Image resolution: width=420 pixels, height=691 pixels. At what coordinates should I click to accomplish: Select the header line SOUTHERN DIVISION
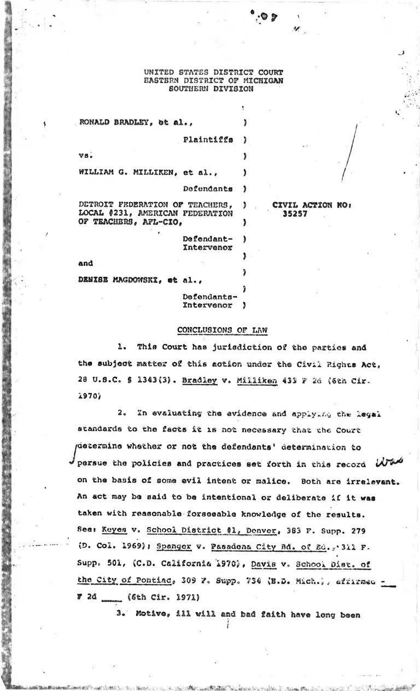click(x=211, y=88)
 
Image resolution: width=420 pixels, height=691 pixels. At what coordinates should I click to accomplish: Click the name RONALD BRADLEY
click(x=113, y=123)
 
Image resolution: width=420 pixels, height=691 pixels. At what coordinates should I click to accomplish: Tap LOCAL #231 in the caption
click(x=102, y=214)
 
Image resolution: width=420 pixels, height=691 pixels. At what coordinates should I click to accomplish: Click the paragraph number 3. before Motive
click(x=121, y=614)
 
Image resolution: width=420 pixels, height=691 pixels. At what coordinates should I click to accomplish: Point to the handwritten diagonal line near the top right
click(x=349, y=153)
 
